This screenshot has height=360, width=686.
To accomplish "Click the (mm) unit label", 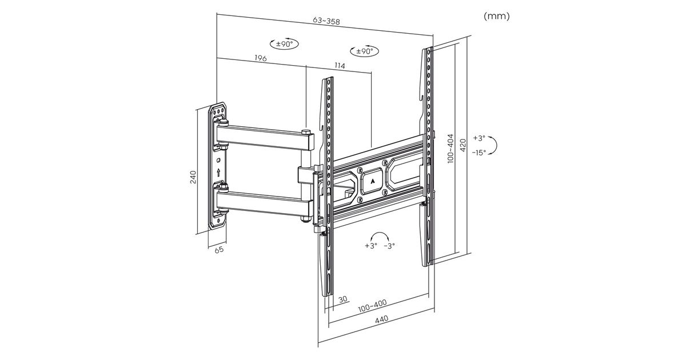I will click(x=496, y=16).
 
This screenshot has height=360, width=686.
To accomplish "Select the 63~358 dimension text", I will click(x=326, y=22).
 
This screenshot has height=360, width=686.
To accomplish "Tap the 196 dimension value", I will click(x=261, y=58).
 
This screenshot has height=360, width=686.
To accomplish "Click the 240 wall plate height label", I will click(x=193, y=177).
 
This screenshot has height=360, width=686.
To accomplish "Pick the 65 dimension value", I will click(x=218, y=250).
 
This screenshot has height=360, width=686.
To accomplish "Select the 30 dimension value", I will click(x=343, y=299).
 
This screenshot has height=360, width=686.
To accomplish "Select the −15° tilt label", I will click(x=479, y=152).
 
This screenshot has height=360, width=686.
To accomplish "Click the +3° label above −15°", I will click(x=479, y=138).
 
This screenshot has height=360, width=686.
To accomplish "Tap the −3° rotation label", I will click(x=389, y=245).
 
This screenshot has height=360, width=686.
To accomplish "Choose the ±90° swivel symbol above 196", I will click(x=284, y=44).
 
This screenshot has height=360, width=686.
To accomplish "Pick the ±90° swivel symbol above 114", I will click(x=364, y=51).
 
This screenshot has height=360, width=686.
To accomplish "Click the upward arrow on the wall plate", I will click(x=220, y=171).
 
